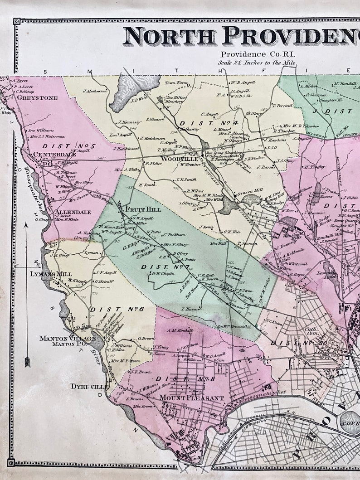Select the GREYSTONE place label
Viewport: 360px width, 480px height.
point(37,97)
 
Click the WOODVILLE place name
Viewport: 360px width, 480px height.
point(171,159)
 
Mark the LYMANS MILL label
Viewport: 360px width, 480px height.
point(44,274)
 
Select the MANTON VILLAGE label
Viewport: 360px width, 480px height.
point(67,338)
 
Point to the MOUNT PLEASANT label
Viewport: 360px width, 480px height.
point(191,398)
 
